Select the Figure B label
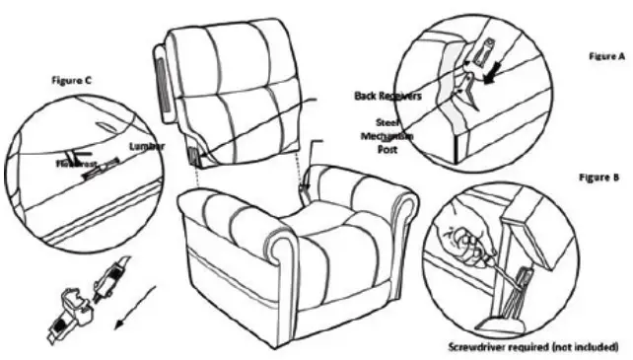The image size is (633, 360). click(x=598, y=179)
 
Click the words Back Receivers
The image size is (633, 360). click(x=387, y=97)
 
